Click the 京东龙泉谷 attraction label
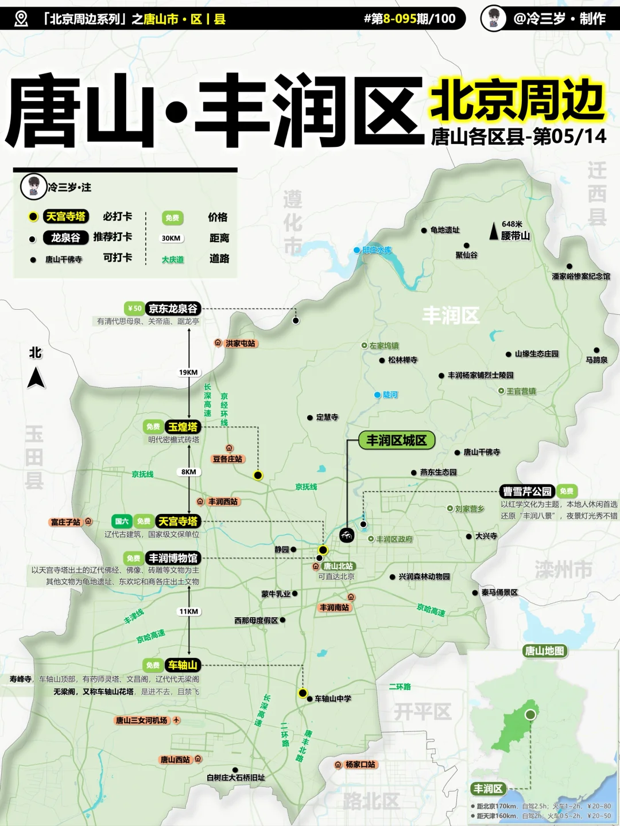pos(173,309)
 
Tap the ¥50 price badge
pos(134,309)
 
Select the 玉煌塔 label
pos(183,427)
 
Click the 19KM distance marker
pos(188,372)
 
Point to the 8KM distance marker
pos(189,472)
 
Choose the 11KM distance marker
pos(188,611)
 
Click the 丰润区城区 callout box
pos(397,441)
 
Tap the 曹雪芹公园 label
pos(527,492)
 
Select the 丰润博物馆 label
pos(173,558)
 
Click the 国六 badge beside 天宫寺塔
pos(122,521)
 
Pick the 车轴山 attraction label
pos(183,665)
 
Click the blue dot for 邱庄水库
pos(356,250)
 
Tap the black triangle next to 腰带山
pos(493,231)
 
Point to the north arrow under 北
pos(36,378)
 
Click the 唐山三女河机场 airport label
pos(142,720)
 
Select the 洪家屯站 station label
pos(241,344)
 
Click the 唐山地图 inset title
pos(544,651)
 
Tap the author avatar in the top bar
pos(493,18)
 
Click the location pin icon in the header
pos(21,19)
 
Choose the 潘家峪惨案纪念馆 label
pos(581,276)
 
